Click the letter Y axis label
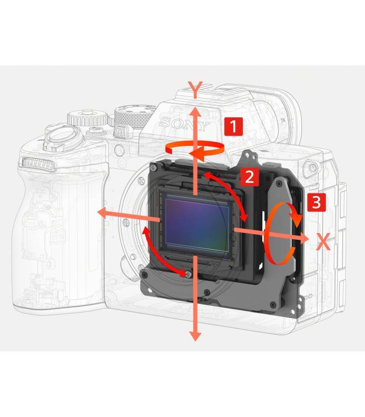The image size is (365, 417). (194, 89)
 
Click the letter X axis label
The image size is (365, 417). (324, 241)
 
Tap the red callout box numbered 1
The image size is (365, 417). (233, 127)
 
